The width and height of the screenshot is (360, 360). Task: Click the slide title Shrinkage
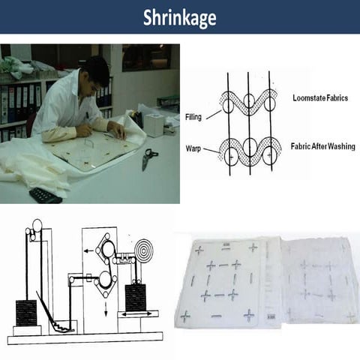click(179, 17)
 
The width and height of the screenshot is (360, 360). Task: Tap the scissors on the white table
click(149, 157)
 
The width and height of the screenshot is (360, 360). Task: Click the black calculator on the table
click(46, 195)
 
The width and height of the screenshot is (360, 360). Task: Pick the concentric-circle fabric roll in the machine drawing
click(142, 250)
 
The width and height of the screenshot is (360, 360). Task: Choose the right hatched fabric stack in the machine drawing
click(136, 297)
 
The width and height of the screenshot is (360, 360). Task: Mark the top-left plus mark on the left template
click(199, 250)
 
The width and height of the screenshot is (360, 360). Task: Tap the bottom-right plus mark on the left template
click(248, 314)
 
